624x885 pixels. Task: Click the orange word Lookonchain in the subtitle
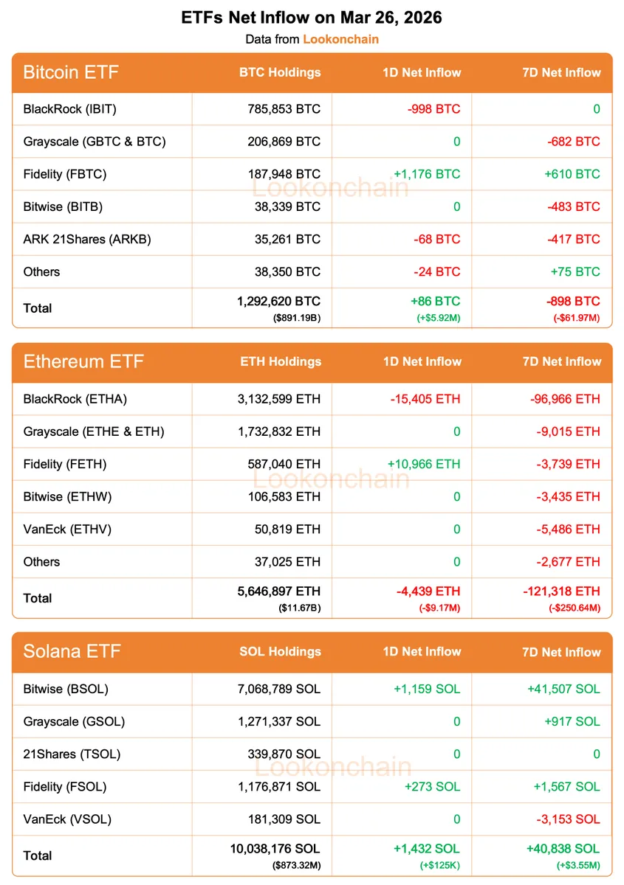coord(340,39)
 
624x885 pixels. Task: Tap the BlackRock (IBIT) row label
coord(70,109)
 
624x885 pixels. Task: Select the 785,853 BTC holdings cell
coord(284,109)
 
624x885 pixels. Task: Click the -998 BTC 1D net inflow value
coord(433,109)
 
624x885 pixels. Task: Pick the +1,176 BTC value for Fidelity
coord(427,174)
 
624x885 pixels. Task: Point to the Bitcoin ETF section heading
coord(71,72)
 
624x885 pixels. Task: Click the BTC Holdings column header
coord(280,72)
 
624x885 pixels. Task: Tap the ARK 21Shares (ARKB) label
coord(87,239)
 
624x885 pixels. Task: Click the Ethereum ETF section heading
coord(83,361)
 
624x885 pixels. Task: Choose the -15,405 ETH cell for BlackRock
coord(425,399)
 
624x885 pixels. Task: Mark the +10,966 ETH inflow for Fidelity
coord(424,464)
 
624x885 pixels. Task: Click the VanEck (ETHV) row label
coord(67,529)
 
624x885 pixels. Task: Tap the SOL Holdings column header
coord(280,651)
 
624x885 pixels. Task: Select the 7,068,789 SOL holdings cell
coord(279,689)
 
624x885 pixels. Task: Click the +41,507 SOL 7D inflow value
coord(563,689)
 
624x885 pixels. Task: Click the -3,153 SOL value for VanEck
coord(566,819)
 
